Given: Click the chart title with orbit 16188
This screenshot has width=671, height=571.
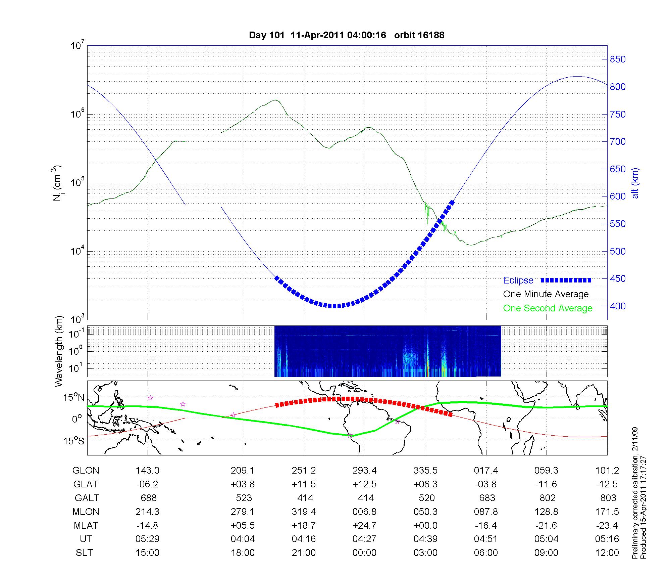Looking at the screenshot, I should (x=347, y=35).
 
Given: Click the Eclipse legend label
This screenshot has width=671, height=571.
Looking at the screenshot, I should (x=518, y=280).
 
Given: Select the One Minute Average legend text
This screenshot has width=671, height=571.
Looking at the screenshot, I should (x=546, y=294).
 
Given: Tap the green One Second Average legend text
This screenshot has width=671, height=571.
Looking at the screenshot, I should (x=548, y=308).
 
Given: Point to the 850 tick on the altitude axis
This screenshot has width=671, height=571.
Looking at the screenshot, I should (x=618, y=59).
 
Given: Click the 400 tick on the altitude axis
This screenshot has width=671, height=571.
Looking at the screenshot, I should (x=618, y=306).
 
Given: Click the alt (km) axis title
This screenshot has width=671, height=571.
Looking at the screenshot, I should (x=635, y=183).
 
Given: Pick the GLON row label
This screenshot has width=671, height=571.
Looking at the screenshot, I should (x=86, y=471).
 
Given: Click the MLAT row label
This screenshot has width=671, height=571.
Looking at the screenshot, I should (x=86, y=525).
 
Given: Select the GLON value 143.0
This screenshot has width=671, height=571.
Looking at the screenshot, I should (x=148, y=471).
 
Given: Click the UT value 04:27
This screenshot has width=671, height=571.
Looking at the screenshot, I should (x=365, y=539).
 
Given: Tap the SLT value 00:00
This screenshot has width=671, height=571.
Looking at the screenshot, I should (x=365, y=553).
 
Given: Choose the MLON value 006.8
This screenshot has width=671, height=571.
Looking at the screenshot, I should (x=365, y=512).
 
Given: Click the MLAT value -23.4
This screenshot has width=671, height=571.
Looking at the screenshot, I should (x=607, y=525).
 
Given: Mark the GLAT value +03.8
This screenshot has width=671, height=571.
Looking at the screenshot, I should (x=243, y=484).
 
